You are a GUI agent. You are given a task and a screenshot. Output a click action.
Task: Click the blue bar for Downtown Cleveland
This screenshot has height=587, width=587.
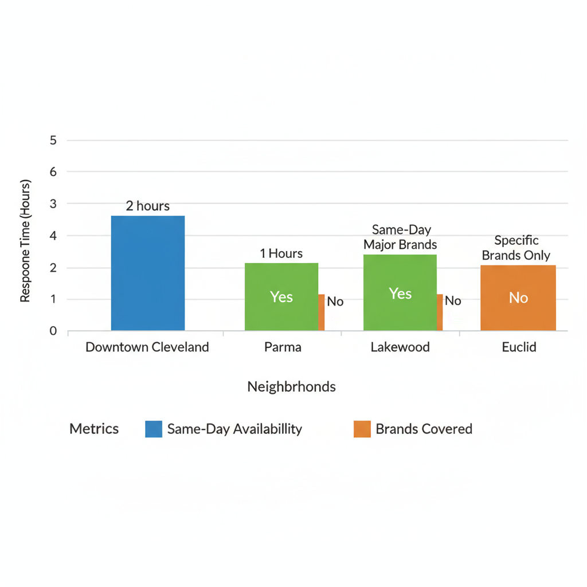click(148, 273)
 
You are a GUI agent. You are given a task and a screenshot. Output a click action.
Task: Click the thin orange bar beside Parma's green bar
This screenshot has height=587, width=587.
click(322, 312)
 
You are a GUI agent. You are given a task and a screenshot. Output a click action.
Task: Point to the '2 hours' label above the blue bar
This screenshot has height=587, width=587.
click(148, 206)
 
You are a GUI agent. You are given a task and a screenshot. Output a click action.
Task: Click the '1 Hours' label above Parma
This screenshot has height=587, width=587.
click(281, 253)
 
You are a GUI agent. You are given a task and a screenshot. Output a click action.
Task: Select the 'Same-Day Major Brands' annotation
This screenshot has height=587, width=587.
click(400, 237)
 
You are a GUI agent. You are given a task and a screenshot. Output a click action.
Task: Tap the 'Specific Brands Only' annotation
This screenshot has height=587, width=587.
click(516, 248)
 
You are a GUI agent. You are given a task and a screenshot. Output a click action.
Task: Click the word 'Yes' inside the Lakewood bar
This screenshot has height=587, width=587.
click(400, 293)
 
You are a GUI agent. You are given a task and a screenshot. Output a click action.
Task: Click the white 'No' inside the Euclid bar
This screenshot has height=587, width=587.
click(518, 298)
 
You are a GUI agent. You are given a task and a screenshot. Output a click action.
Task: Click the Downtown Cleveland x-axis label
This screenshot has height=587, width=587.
click(147, 347)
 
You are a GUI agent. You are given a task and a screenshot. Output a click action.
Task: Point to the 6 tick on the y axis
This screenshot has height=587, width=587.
click(53, 171)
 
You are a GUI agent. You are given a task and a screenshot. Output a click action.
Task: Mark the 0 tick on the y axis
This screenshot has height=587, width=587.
click(53, 331)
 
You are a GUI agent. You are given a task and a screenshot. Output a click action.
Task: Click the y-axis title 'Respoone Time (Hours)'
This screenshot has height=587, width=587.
click(25, 241)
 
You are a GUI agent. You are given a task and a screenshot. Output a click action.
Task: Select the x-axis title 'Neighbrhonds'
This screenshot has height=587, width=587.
click(291, 387)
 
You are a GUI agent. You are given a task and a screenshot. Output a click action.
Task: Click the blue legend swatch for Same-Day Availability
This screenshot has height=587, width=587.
click(154, 429)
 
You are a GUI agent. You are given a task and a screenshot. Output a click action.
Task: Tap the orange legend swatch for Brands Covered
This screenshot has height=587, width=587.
click(362, 429)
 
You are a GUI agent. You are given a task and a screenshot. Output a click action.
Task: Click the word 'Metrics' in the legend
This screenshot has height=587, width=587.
click(94, 429)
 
